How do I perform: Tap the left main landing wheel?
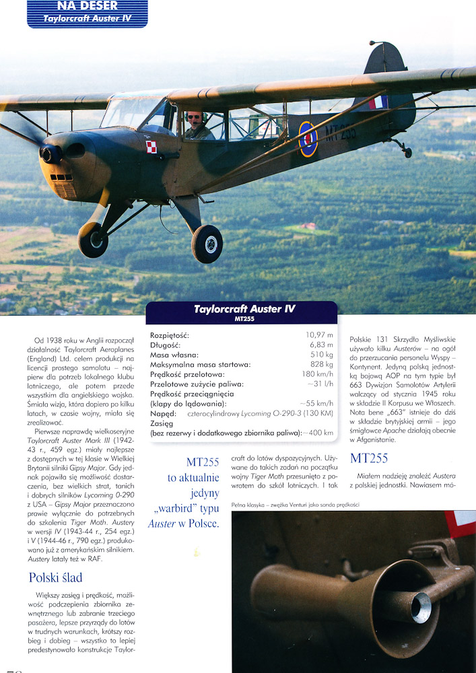93,240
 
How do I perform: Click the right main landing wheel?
207,243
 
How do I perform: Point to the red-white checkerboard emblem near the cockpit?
151,147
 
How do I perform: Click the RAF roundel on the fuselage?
308,139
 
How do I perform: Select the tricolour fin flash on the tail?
378,102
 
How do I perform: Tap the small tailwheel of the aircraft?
407,151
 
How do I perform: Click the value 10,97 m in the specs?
319,334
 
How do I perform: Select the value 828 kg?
322,364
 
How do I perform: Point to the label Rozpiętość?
170,334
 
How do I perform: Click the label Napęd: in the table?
163,415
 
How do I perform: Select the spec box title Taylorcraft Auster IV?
244,309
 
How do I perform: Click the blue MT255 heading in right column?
369,459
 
